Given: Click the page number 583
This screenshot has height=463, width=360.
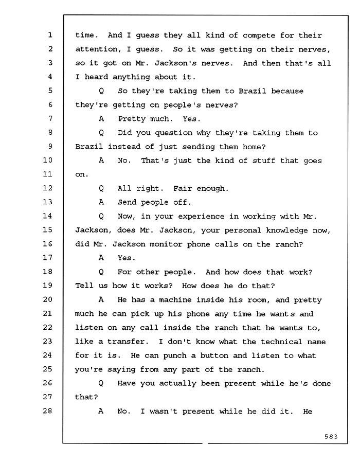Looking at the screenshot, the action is tap(331, 436).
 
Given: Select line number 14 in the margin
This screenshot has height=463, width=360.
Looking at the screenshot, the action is tap(47, 216).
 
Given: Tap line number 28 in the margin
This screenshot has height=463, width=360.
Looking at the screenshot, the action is tap(47, 411).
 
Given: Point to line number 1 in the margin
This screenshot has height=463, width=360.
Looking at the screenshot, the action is tap(50, 35).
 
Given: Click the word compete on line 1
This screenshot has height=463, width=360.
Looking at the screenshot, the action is tap(259, 35).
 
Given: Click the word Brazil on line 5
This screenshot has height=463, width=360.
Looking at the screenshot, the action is tap(252, 91).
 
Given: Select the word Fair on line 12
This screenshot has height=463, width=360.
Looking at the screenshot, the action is tap(183, 188).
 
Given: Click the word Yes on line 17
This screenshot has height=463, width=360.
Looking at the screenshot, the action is tap(127, 258).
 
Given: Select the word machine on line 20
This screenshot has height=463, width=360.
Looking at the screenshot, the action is tap(175, 300).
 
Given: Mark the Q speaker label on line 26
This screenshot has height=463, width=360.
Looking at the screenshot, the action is tap(101, 384).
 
